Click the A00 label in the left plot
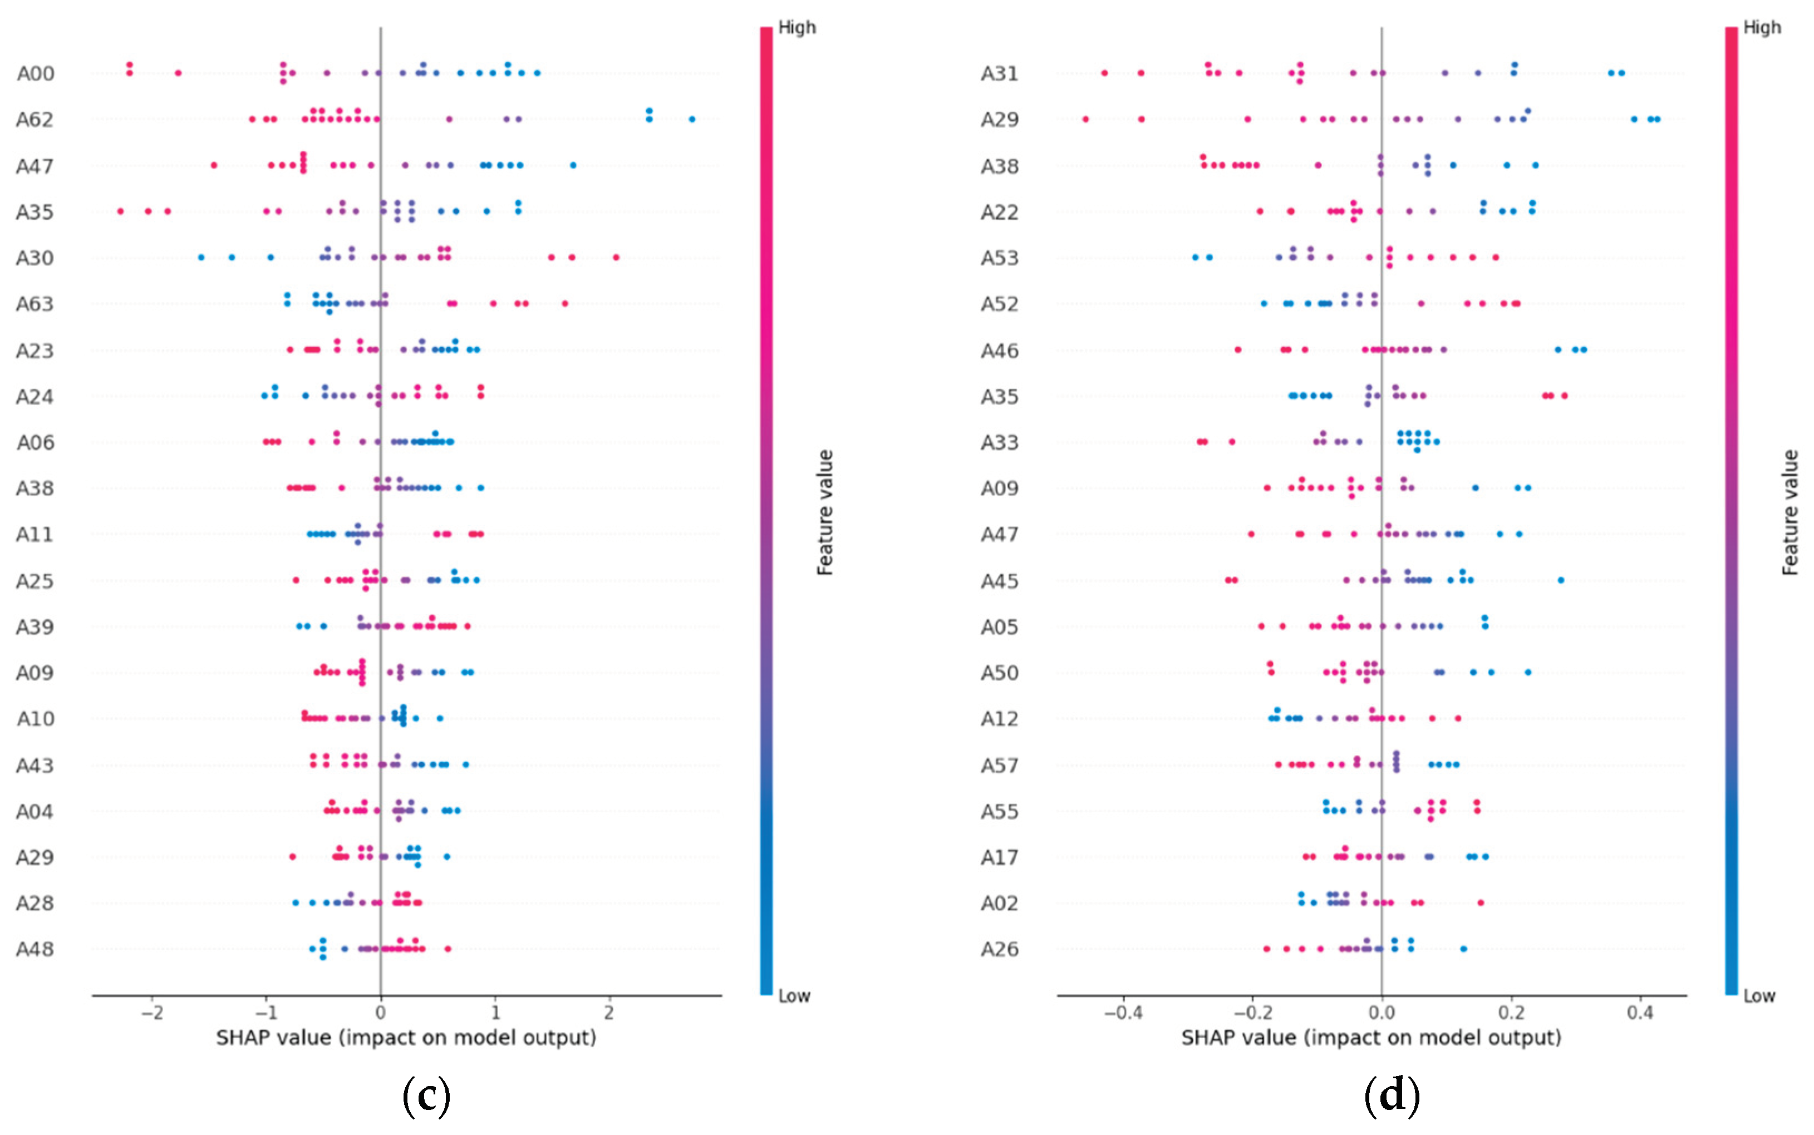coord(35,73)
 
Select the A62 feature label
coord(35,120)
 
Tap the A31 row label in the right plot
coord(999,73)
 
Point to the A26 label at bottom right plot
coord(999,950)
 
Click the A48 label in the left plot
coord(35,950)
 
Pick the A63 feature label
coord(35,304)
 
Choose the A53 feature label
coord(999,258)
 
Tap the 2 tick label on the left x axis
coord(609,1013)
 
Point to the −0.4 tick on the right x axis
coord(1123,1013)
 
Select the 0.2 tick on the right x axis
coord(1511,1013)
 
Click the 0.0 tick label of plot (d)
coord(1382,1013)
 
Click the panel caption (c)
coord(426,1095)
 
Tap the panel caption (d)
coord(1392,1095)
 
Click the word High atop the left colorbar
coord(797,28)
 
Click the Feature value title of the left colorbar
coord(825,513)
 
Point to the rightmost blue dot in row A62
coord(691,120)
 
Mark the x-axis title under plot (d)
coord(1371,1038)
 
